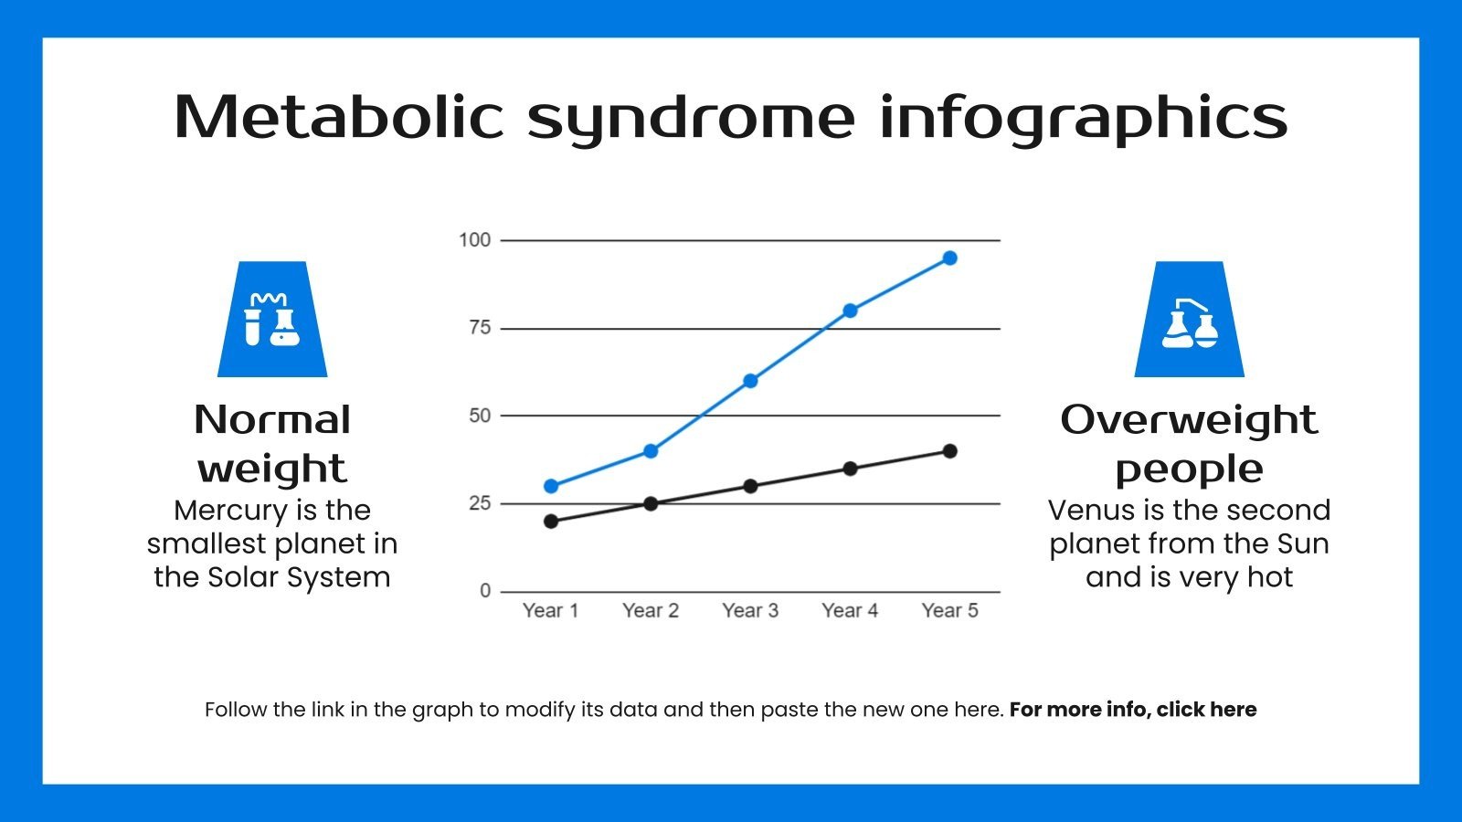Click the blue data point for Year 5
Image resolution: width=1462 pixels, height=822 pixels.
tap(949, 258)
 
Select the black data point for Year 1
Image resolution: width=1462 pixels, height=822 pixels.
tap(551, 522)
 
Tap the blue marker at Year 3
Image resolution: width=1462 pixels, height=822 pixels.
tap(750, 381)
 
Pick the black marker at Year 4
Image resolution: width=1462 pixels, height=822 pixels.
tap(850, 469)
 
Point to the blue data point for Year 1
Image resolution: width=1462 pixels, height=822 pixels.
tap(551, 486)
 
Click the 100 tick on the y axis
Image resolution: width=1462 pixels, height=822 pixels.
tap(474, 240)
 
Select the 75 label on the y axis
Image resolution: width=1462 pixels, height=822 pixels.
tap(480, 328)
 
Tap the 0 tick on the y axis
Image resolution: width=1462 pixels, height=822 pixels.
tap(485, 591)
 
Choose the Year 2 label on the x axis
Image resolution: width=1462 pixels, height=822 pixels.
tap(651, 611)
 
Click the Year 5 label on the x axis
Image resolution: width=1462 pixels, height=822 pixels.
tap(949, 611)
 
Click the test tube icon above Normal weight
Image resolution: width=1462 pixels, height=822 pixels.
tap(272, 320)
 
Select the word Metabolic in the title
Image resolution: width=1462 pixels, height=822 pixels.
tap(338, 117)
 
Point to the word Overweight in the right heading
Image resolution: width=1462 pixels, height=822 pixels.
tap(1189, 420)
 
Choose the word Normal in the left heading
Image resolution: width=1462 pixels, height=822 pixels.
tap(272, 420)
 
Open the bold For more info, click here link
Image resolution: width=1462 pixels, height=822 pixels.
tap(1132, 710)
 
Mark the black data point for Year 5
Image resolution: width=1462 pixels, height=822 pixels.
tap(949, 451)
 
